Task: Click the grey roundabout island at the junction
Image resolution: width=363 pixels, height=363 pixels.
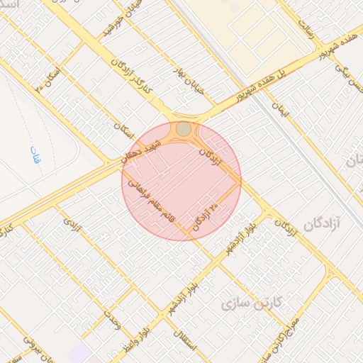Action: (x=184, y=128)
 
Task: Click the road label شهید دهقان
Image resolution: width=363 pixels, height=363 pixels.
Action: (x=146, y=148)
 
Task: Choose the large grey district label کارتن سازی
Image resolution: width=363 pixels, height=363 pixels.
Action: (x=252, y=304)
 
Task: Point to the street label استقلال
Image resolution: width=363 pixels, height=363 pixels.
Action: (x=188, y=343)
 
